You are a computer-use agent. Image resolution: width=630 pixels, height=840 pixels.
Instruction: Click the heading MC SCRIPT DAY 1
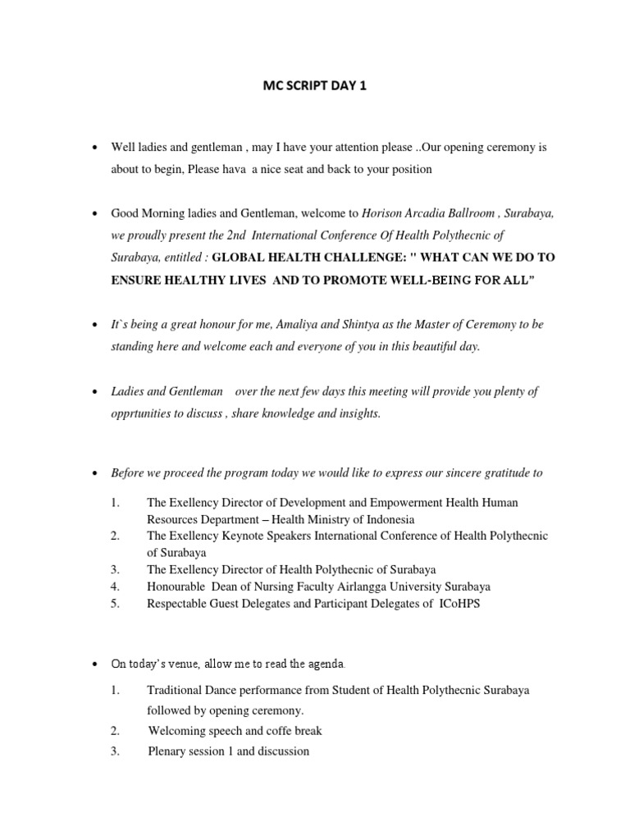314,83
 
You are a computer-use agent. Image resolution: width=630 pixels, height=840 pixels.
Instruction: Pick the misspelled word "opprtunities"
144,413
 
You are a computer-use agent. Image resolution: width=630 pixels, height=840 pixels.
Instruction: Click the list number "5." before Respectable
116,604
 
